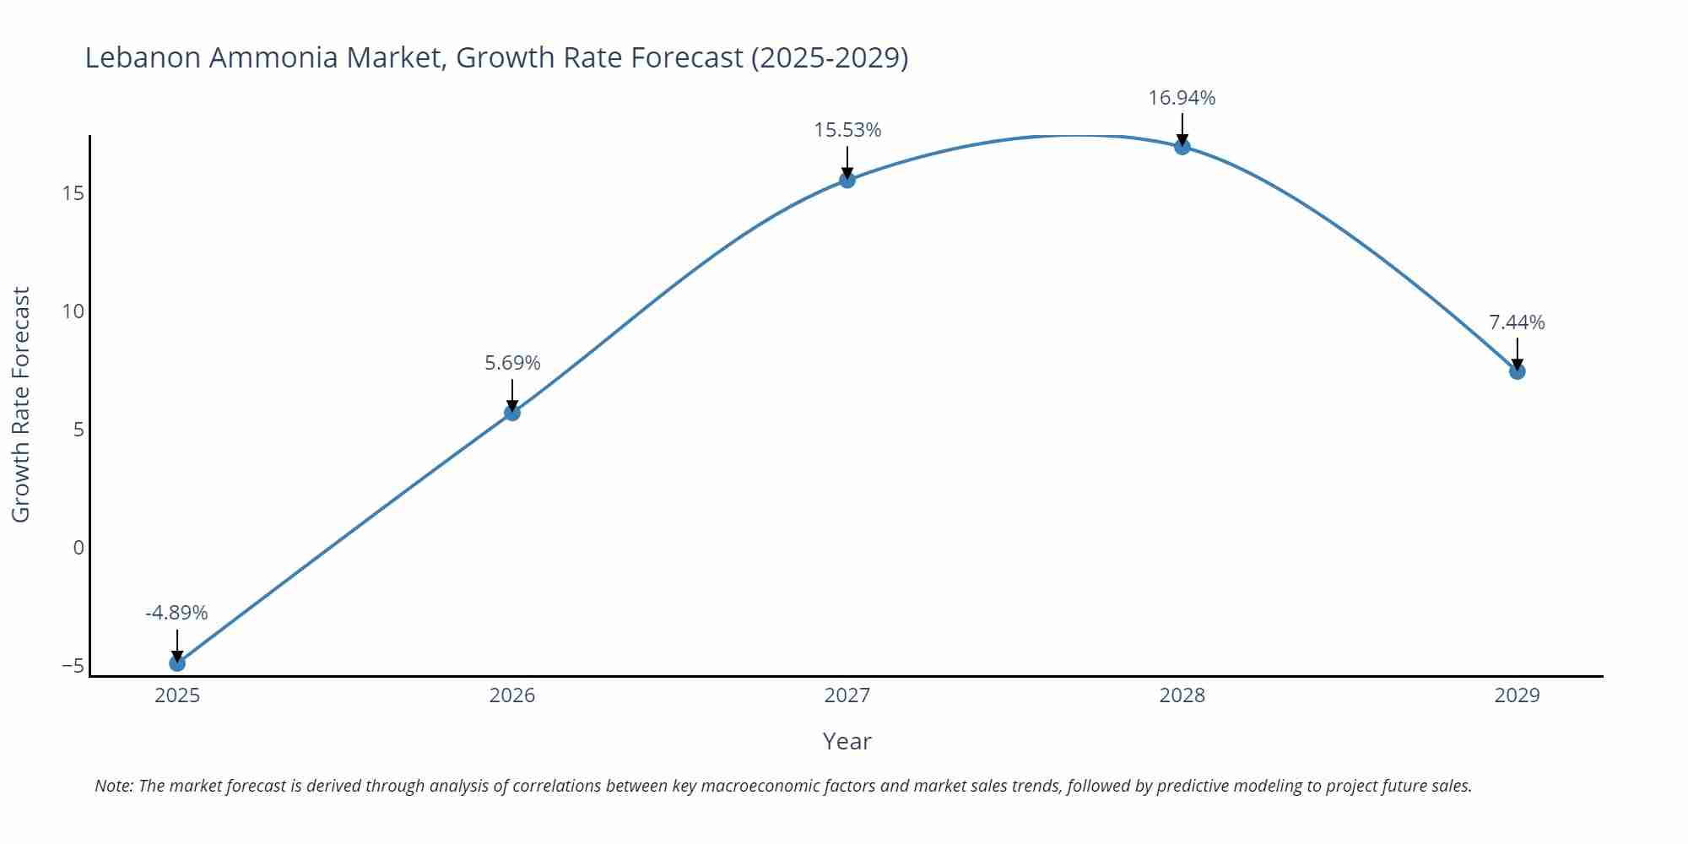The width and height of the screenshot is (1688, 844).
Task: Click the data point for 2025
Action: tap(177, 663)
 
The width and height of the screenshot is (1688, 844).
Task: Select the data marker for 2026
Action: tap(512, 413)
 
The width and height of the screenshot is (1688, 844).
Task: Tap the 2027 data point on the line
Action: tap(847, 180)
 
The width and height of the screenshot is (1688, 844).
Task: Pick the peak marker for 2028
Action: tap(1182, 147)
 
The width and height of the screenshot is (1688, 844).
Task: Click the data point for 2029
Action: tap(1517, 371)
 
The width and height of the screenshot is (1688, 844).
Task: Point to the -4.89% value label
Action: tap(176, 613)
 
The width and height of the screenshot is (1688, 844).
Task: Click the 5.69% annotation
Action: tap(512, 363)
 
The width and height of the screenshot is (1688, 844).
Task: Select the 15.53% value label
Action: tap(847, 130)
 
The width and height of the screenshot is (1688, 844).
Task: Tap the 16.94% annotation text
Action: tap(1182, 98)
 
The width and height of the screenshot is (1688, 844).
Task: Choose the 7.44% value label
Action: tap(1517, 322)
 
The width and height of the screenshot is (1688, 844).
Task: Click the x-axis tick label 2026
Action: tap(512, 695)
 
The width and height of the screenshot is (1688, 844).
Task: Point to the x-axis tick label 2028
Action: tap(1182, 695)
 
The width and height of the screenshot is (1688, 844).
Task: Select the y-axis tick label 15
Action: tap(73, 194)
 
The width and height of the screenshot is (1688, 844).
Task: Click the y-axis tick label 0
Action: tap(78, 548)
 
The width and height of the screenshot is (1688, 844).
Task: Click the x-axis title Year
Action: tap(847, 741)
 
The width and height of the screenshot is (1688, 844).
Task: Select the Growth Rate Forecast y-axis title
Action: tap(21, 404)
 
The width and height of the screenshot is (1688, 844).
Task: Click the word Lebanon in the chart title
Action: tap(143, 57)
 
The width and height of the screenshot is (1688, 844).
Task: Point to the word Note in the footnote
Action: tap(113, 786)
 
